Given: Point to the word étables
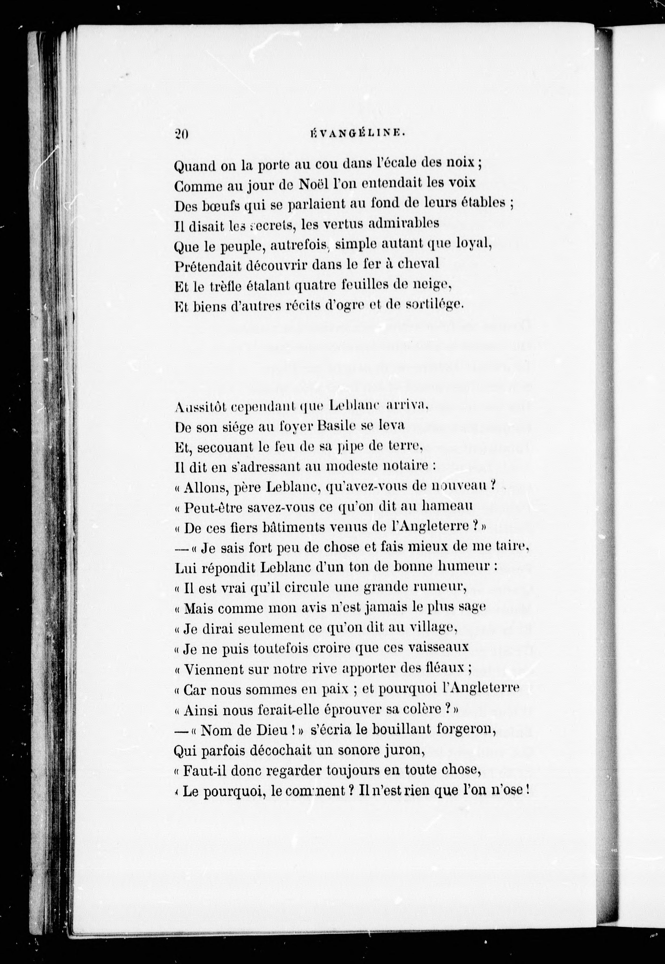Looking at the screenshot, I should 483,204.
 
